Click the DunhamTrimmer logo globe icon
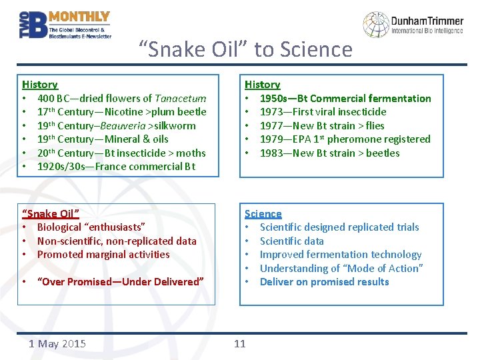coord(375,25)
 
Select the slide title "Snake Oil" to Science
coord(245,49)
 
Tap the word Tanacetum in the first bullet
coord(180,99)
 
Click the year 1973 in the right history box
coord(272,112)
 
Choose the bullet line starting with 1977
coord(322,125)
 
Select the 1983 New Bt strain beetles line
coord(329,153)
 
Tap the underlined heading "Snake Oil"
coord(51,213)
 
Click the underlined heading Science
coord(263,213)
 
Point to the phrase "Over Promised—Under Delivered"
coord(121,281)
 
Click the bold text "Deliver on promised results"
coord(324,281)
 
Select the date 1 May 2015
coord(57,343)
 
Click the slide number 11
coord(239,343)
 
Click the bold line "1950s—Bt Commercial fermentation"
coord(345,99)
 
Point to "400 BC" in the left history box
coord(55,99)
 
